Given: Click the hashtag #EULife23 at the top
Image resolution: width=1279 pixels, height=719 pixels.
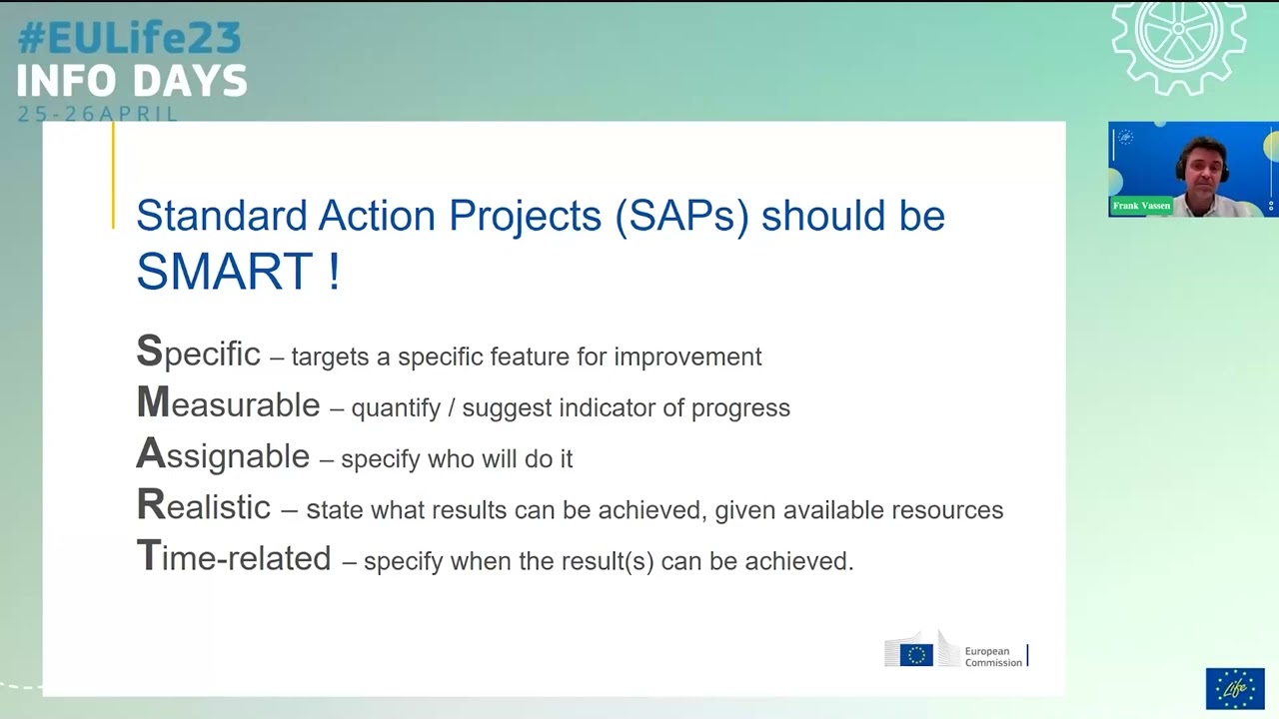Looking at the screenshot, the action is [x=130, y=38].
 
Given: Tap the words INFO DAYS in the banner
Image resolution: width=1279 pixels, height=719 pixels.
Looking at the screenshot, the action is [x=132, y=81].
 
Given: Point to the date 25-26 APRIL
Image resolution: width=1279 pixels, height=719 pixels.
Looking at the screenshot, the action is [x=97, y=114].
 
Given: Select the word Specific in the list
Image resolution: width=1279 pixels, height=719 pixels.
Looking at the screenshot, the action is [x=198, y=352].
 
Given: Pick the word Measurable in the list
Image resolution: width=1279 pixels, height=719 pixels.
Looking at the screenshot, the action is [x=228, y=402].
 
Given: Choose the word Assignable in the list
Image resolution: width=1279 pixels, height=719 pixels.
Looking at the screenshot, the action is [x=223, y=454].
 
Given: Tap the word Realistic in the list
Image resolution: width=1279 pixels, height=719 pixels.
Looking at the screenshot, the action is [x=203, y=505].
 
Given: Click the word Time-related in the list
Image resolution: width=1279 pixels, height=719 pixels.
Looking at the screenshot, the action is [x=234, y=556].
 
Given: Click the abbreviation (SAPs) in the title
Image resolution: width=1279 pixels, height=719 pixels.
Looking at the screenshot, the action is [x=681, y=216].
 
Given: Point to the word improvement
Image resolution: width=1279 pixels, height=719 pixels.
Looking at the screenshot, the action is [x=687, y=358].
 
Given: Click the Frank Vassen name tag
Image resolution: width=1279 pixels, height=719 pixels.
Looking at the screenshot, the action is [x=1141, y=206].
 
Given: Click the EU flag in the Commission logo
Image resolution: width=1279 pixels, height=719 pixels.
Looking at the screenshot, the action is [x=916, y=655].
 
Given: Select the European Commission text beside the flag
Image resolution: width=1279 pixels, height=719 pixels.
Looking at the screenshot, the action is [x=993, y=657].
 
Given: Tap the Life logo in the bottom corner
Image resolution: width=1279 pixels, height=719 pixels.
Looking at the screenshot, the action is [x=1235, y=688].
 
